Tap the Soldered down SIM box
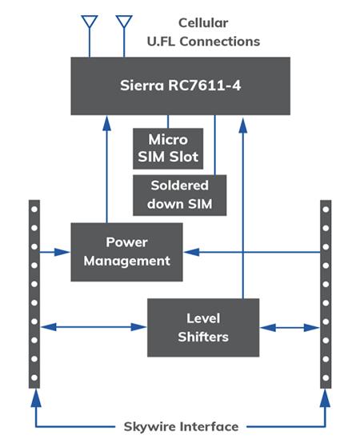(x=179, y=194)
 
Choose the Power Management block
(x=126, y=252)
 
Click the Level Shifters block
(x=203, y=327)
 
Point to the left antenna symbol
(x=90, y=24)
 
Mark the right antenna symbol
(x=124, y=24)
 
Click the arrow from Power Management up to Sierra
(x=105, y=168)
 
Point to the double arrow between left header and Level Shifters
(x=94, y=326)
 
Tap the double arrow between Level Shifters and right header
(x=290, y=326)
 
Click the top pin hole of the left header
(x=34, y=210)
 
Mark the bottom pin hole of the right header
(x=326, y=376)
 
